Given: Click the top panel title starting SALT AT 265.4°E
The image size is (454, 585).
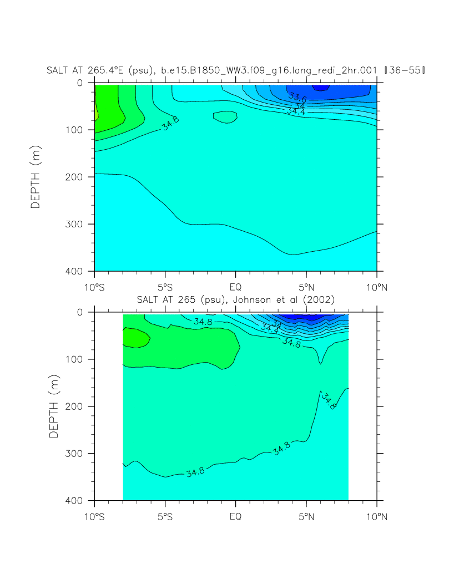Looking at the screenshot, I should point(237,70).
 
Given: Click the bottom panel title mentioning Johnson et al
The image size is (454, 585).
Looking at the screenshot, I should point(235,299).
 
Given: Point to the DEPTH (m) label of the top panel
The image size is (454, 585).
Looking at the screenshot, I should point(36,177).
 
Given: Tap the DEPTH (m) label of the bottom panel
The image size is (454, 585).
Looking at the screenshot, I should point(53,406).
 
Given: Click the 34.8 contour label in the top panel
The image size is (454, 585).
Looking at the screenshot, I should point(170,124).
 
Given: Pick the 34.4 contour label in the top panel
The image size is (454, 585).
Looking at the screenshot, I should point(295,111).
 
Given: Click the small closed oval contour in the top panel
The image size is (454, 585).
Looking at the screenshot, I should point(225,117).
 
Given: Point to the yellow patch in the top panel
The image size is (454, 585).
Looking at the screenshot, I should point(96,114).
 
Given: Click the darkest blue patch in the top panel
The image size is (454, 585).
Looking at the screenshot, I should point(320,88).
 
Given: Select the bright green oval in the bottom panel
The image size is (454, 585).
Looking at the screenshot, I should point(135,337).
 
